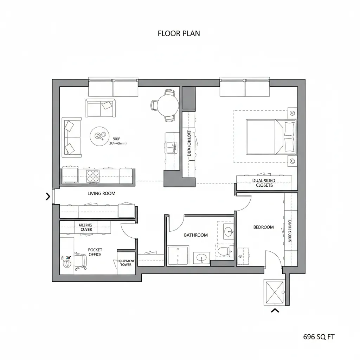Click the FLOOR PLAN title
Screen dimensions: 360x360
tap(179, 33)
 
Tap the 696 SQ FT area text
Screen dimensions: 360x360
tap(319, 337)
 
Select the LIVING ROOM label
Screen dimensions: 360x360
tap(101, 193)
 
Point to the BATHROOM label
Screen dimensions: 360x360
tap(196, 235)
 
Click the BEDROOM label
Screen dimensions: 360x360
tap(263, 227)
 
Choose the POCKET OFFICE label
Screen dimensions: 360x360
tap(95, 252)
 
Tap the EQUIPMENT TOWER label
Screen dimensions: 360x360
tap(126, 263)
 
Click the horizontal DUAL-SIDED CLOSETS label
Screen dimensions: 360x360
tap(264, 183)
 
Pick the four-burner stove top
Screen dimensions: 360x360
tap(93, 175)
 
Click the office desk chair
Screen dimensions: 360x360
tap(81, 262)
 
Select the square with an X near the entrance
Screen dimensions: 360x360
tap(274, 292)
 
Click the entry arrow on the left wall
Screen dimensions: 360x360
tap(48, 197)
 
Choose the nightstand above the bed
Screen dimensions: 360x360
tap(292, 113)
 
